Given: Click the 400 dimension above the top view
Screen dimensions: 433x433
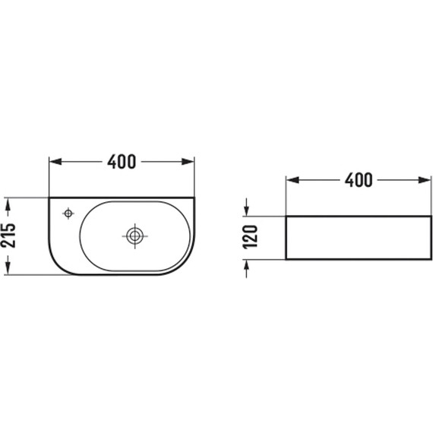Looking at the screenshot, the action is (122, 162).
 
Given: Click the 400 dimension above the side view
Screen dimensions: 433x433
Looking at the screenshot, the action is (359, 180).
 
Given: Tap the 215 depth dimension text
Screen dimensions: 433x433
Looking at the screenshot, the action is (8, 235).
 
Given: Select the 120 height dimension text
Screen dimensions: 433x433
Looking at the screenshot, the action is (250, 237).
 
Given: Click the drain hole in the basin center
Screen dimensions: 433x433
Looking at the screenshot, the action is (134, 236).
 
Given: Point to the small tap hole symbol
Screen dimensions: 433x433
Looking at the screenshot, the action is (68, 213).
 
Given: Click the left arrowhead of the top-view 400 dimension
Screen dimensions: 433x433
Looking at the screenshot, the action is (55, 162).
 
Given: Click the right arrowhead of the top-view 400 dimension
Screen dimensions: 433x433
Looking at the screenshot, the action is (188, 162).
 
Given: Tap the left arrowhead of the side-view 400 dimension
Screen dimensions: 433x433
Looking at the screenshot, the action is (292, 180).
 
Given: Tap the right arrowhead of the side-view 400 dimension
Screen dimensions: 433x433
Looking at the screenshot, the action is (425, 180).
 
